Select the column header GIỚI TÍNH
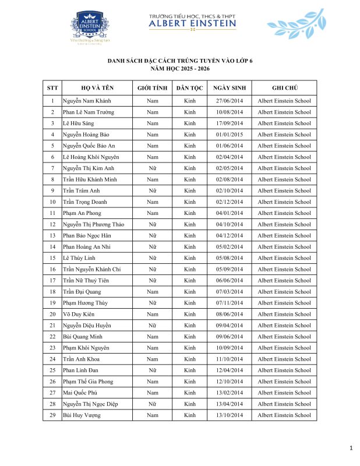click(152, 88)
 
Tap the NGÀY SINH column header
click(229, 88)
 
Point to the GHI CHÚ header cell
click(284, 88)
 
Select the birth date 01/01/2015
click(229, 135)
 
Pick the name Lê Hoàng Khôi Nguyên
click(90, 157)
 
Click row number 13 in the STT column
click(52, 235)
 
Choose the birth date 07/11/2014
click(229, 303)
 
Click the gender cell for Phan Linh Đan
click(152, 370)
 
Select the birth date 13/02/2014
click(229, 393)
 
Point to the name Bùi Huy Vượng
click(82, 415)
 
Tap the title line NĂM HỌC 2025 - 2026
click(180, 68)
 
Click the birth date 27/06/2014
click(229, 101)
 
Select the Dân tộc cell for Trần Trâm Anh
click(189, 190)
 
